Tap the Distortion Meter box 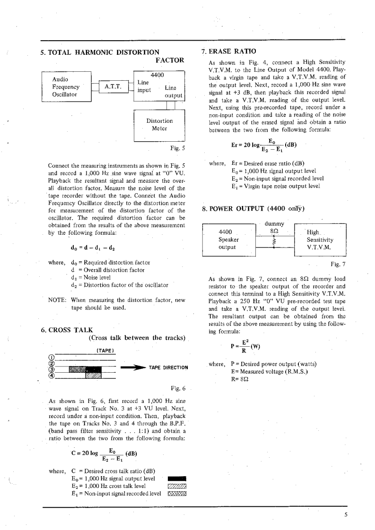click(159, 125)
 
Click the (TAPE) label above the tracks click(103, 350)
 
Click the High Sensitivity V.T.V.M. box click(320, 239)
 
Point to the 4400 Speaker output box click(228, 239)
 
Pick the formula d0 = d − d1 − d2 click(91, 246)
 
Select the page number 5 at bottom click(346, 515)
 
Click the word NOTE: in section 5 click(59, 300)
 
